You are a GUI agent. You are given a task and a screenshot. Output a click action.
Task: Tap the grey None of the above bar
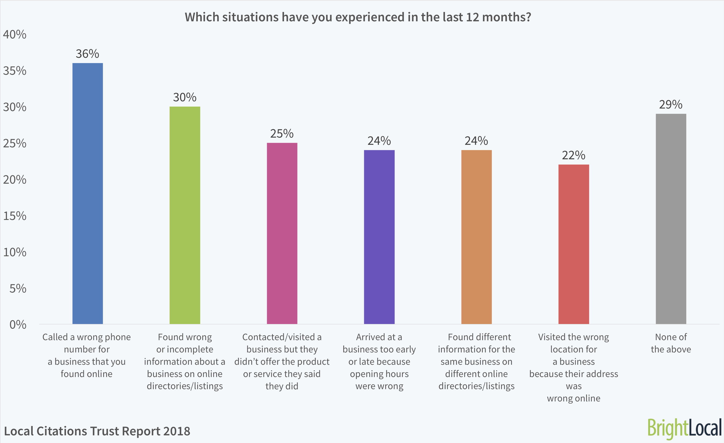pos(671,219)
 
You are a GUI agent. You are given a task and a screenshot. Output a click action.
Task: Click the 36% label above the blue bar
pos(88,54)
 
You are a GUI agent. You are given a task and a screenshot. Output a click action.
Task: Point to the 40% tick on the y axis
pos(15,35)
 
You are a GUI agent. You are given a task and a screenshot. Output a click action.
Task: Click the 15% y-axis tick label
pos(15,216)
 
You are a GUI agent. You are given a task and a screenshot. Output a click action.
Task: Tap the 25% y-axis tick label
pos(15,143)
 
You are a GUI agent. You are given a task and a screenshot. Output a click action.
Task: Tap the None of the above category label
pos(671,343)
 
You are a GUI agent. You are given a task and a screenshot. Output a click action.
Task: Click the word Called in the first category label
pos(55,337)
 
